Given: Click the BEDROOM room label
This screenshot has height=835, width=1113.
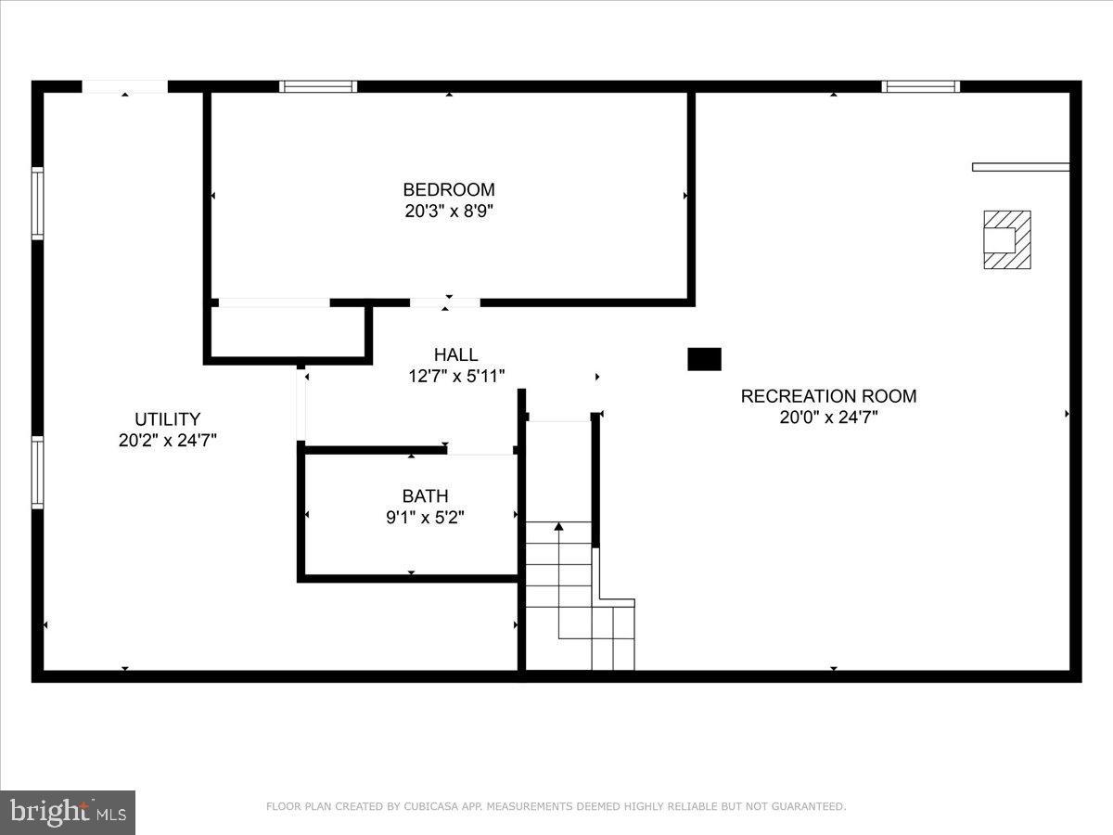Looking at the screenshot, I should [449, 190].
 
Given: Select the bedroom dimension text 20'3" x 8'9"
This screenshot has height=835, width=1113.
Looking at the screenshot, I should [449, 212].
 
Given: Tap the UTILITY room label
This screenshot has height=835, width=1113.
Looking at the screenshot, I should [167, 419].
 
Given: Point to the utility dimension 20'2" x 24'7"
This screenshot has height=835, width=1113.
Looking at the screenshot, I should [167, 441].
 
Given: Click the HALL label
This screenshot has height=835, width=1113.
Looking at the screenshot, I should [456, 354].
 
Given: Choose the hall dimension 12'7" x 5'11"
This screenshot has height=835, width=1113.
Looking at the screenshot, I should [456, 376].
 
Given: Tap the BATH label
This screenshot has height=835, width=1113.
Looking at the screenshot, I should [425, 496].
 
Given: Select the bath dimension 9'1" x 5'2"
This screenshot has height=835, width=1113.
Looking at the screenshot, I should [425, 518].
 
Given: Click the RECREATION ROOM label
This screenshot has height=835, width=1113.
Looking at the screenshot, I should [828, 396].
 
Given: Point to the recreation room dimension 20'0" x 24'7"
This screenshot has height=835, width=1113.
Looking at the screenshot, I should [828, 417].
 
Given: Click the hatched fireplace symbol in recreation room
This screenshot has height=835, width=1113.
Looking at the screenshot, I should [1006, 240].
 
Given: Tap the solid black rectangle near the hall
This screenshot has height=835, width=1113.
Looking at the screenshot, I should [704, 359].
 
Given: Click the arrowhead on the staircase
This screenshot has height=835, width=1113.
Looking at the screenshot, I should [558, 527].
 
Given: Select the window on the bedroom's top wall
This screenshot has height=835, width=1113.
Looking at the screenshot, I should [318, 86].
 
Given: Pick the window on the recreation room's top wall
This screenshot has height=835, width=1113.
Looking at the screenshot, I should [920, 86].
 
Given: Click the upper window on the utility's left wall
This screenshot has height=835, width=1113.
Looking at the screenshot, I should [37, 203].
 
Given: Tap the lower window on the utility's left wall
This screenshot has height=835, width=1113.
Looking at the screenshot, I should [37, 472].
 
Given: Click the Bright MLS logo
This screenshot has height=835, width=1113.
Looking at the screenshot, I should [68, 813].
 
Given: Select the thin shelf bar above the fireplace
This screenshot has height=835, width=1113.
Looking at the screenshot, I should [1020, 167].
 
